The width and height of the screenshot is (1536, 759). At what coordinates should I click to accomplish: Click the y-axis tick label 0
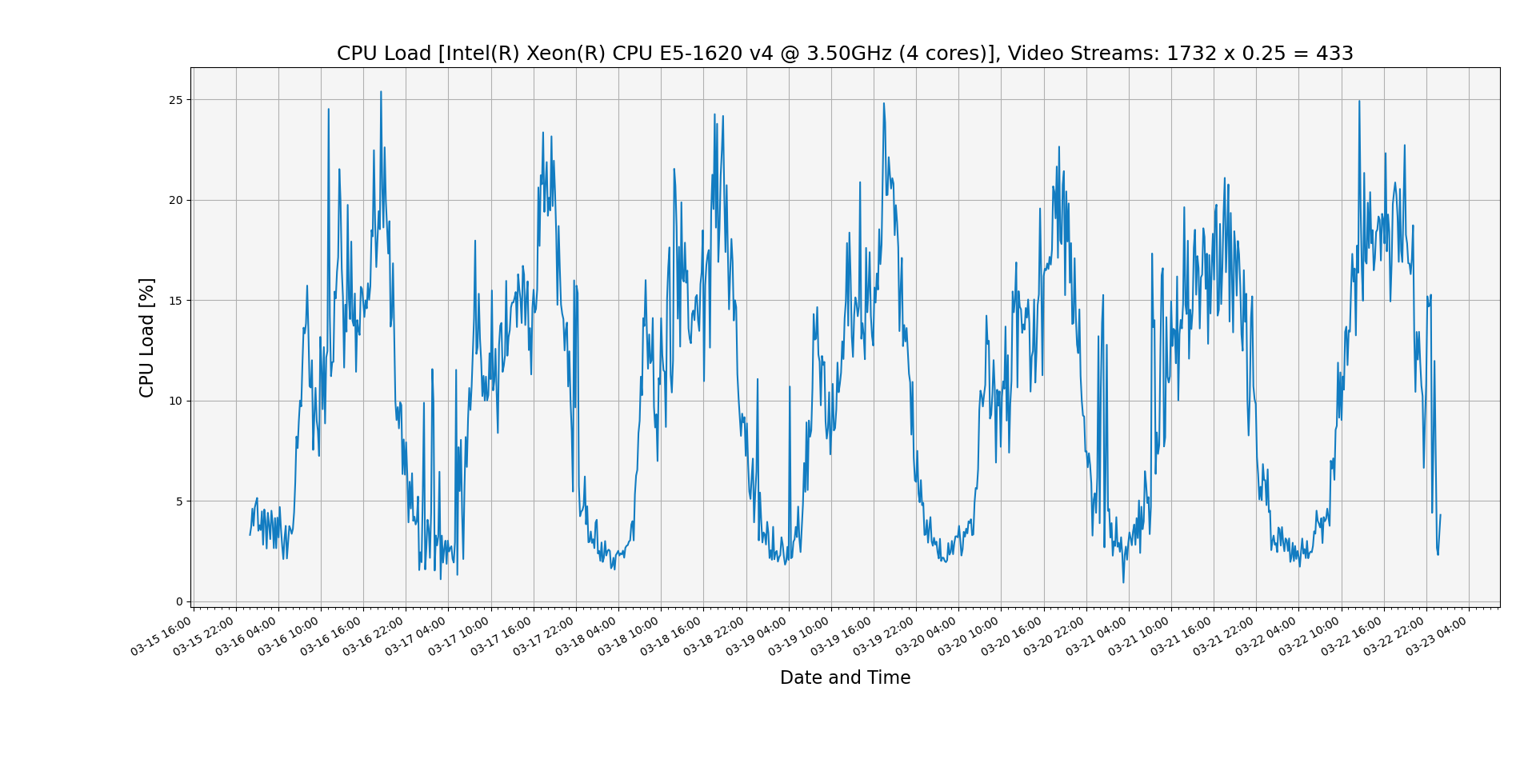coord(179,602)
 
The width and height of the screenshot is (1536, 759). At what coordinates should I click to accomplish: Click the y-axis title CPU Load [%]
coord(146,338)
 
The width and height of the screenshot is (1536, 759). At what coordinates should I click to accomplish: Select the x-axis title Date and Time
coord(845,678)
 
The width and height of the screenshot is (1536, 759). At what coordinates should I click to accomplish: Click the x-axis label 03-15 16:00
coord(162,637)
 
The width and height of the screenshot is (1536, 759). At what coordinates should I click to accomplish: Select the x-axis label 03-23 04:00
coord(1438,637)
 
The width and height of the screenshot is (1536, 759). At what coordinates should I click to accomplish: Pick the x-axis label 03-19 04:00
coord(758,637)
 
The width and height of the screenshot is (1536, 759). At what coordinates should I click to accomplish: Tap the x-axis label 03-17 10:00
coord(460,637)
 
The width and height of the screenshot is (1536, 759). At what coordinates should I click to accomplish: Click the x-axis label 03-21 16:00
coord(1182,637)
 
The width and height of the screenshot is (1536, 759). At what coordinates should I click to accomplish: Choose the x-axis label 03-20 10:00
coord(970,637)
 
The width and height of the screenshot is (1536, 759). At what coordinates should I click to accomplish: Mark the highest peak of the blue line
coord(381,91)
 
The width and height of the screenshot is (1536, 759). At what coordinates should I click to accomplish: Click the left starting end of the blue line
coord(250,535)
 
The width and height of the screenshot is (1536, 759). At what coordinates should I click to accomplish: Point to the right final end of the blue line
coord(1440,515)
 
